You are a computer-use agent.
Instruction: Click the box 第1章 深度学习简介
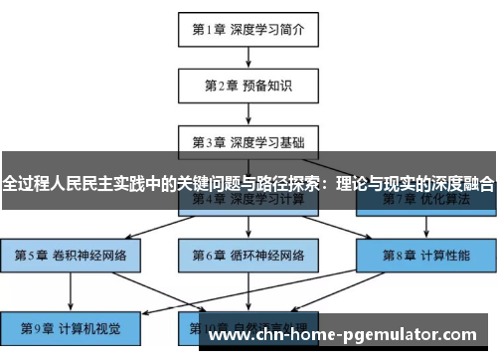(248, 30)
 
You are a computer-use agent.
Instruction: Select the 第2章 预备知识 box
(248, 86)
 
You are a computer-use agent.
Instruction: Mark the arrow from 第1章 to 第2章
(248, 58)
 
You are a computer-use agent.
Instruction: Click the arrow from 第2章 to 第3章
(248, 113)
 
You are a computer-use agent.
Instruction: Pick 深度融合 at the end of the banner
(461, 184)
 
